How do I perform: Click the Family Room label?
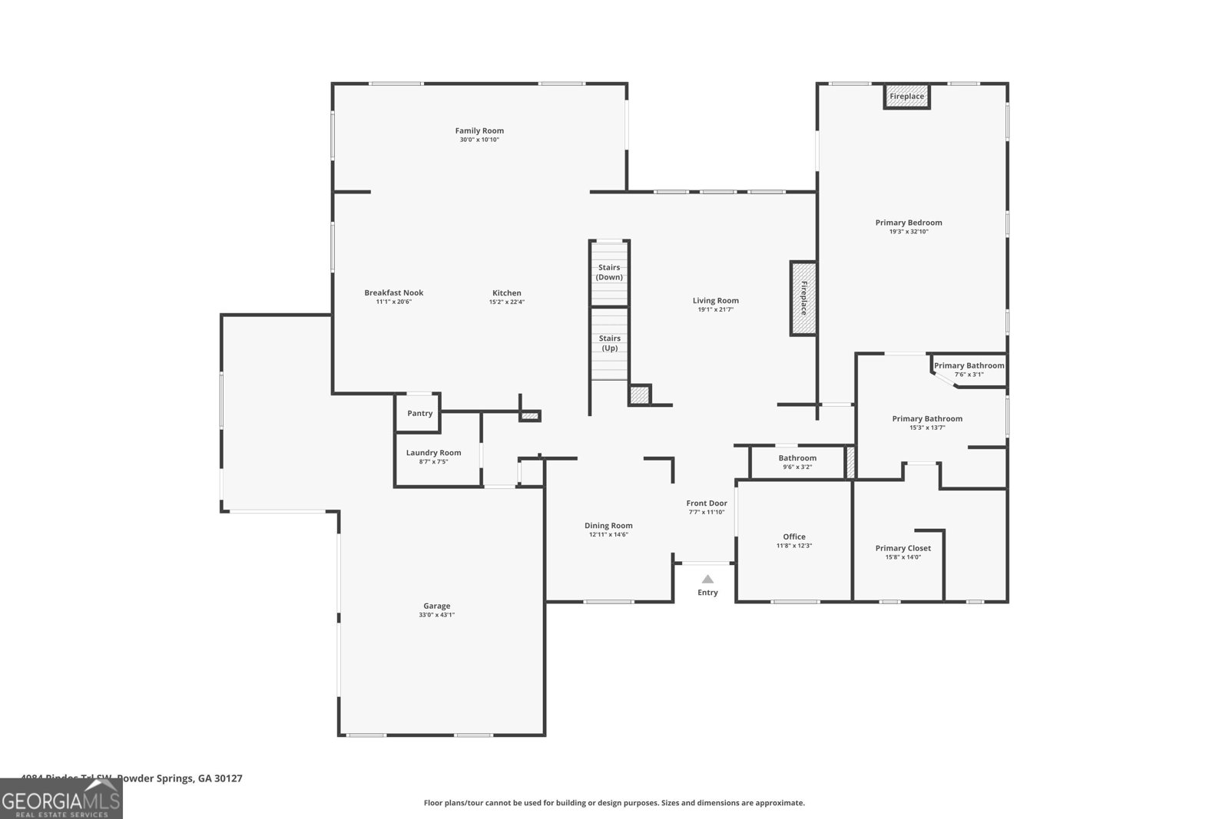479,130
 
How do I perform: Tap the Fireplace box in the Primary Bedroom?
906,97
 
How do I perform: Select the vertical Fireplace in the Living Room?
803,298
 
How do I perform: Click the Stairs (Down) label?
609,272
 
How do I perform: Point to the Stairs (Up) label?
609,343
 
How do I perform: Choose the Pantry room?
419,413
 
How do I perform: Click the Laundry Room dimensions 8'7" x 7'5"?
433,462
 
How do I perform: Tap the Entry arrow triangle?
707,580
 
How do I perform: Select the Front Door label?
706,504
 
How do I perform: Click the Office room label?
793,537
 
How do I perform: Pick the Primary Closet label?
903,548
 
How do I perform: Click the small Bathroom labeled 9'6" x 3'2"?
797,462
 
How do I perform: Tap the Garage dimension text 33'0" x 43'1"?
436,615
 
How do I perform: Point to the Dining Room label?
608,526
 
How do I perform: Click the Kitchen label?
506,292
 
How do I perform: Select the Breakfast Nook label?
393,292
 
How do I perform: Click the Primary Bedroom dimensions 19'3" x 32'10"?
909,232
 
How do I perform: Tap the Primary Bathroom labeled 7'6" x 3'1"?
969,369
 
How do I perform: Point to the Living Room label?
715,301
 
